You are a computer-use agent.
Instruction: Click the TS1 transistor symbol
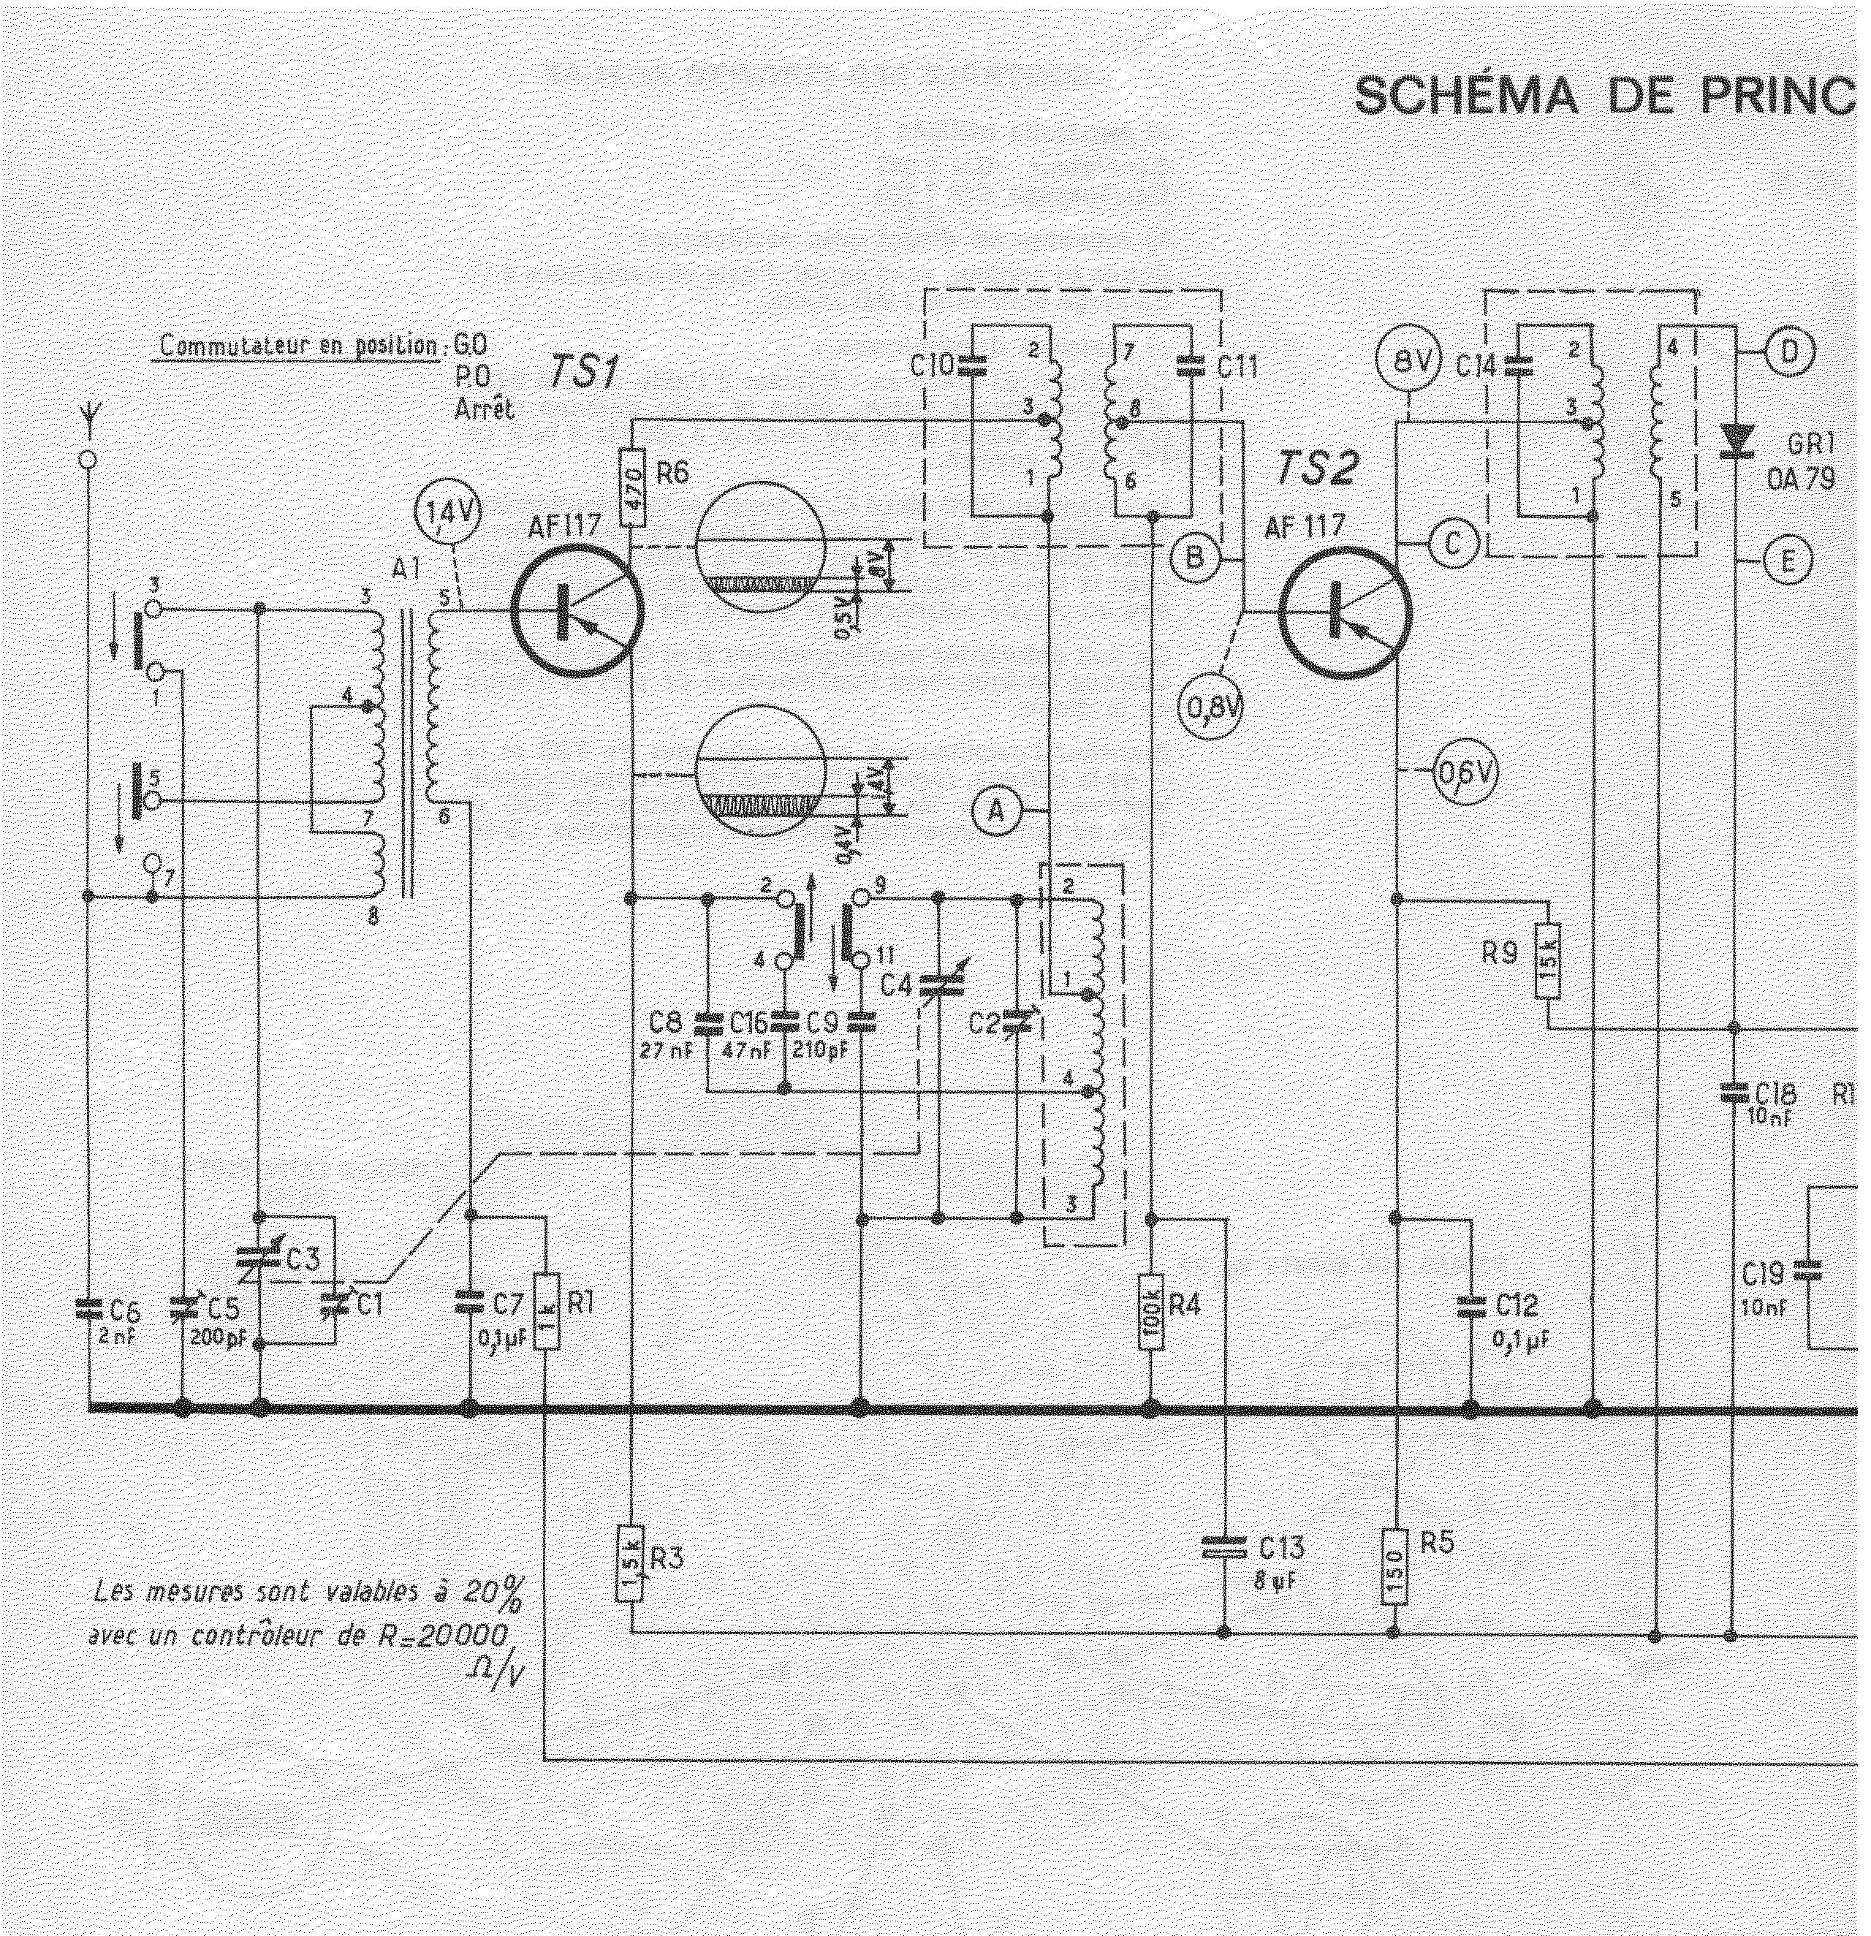(577, 612)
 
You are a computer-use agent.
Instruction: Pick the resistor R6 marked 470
(632, 488)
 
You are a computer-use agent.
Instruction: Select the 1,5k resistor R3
(630, 1562)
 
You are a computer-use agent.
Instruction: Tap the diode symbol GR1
(1734, 441)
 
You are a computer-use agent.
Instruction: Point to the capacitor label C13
(1281, 1546)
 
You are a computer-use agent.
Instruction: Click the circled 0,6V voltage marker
(1466, 773)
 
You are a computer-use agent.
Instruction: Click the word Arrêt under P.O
(484, 410)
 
